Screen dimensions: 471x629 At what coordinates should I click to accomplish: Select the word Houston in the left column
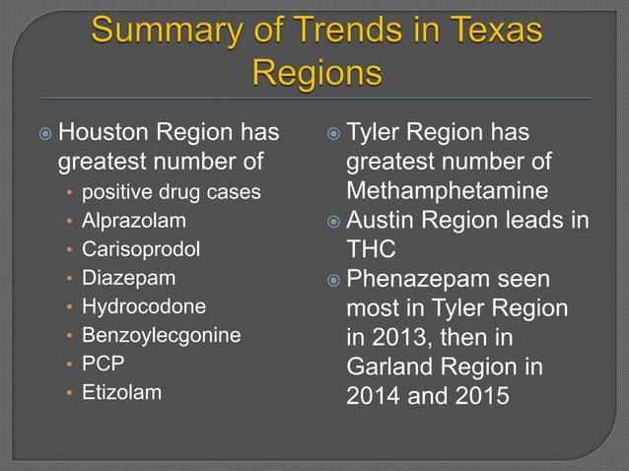(105, 132)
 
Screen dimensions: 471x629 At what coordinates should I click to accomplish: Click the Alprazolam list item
(133, 220)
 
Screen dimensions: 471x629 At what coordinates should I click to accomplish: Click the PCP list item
(103, 363)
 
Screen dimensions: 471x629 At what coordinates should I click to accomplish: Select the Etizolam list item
(121, 391)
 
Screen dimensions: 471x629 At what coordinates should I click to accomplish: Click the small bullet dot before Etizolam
(68, 392)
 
